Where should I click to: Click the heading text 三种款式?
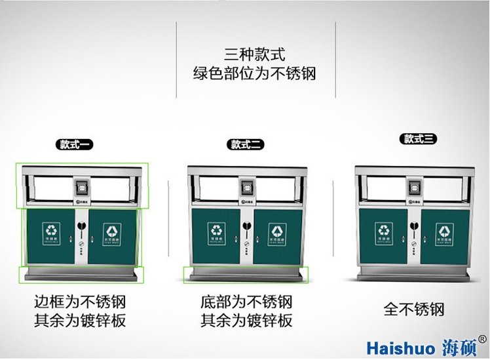pyautogui.click(x=254, y=54)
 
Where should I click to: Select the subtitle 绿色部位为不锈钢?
pyautogui.click(x=254, y=73)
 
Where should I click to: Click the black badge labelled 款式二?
pyautogui.click(x=246, y=144)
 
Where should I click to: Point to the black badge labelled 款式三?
pyautogui.click(x=419, y=138)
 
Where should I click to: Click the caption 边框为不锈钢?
pyautogui.click(x=80, y=302)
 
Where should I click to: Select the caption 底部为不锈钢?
pyautogui.click(x=246, y=302)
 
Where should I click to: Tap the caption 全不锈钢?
pyautogui.click(x=414, y=308)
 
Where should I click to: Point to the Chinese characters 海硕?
pyautogui.click(x=458, y=346)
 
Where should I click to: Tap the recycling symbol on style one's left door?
pyautogui.click(x=50, y=229)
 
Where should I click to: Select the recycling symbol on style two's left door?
pyautogui.click(x=217, y=230)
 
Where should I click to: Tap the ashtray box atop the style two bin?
pyautogui.click(x=246, y=187)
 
